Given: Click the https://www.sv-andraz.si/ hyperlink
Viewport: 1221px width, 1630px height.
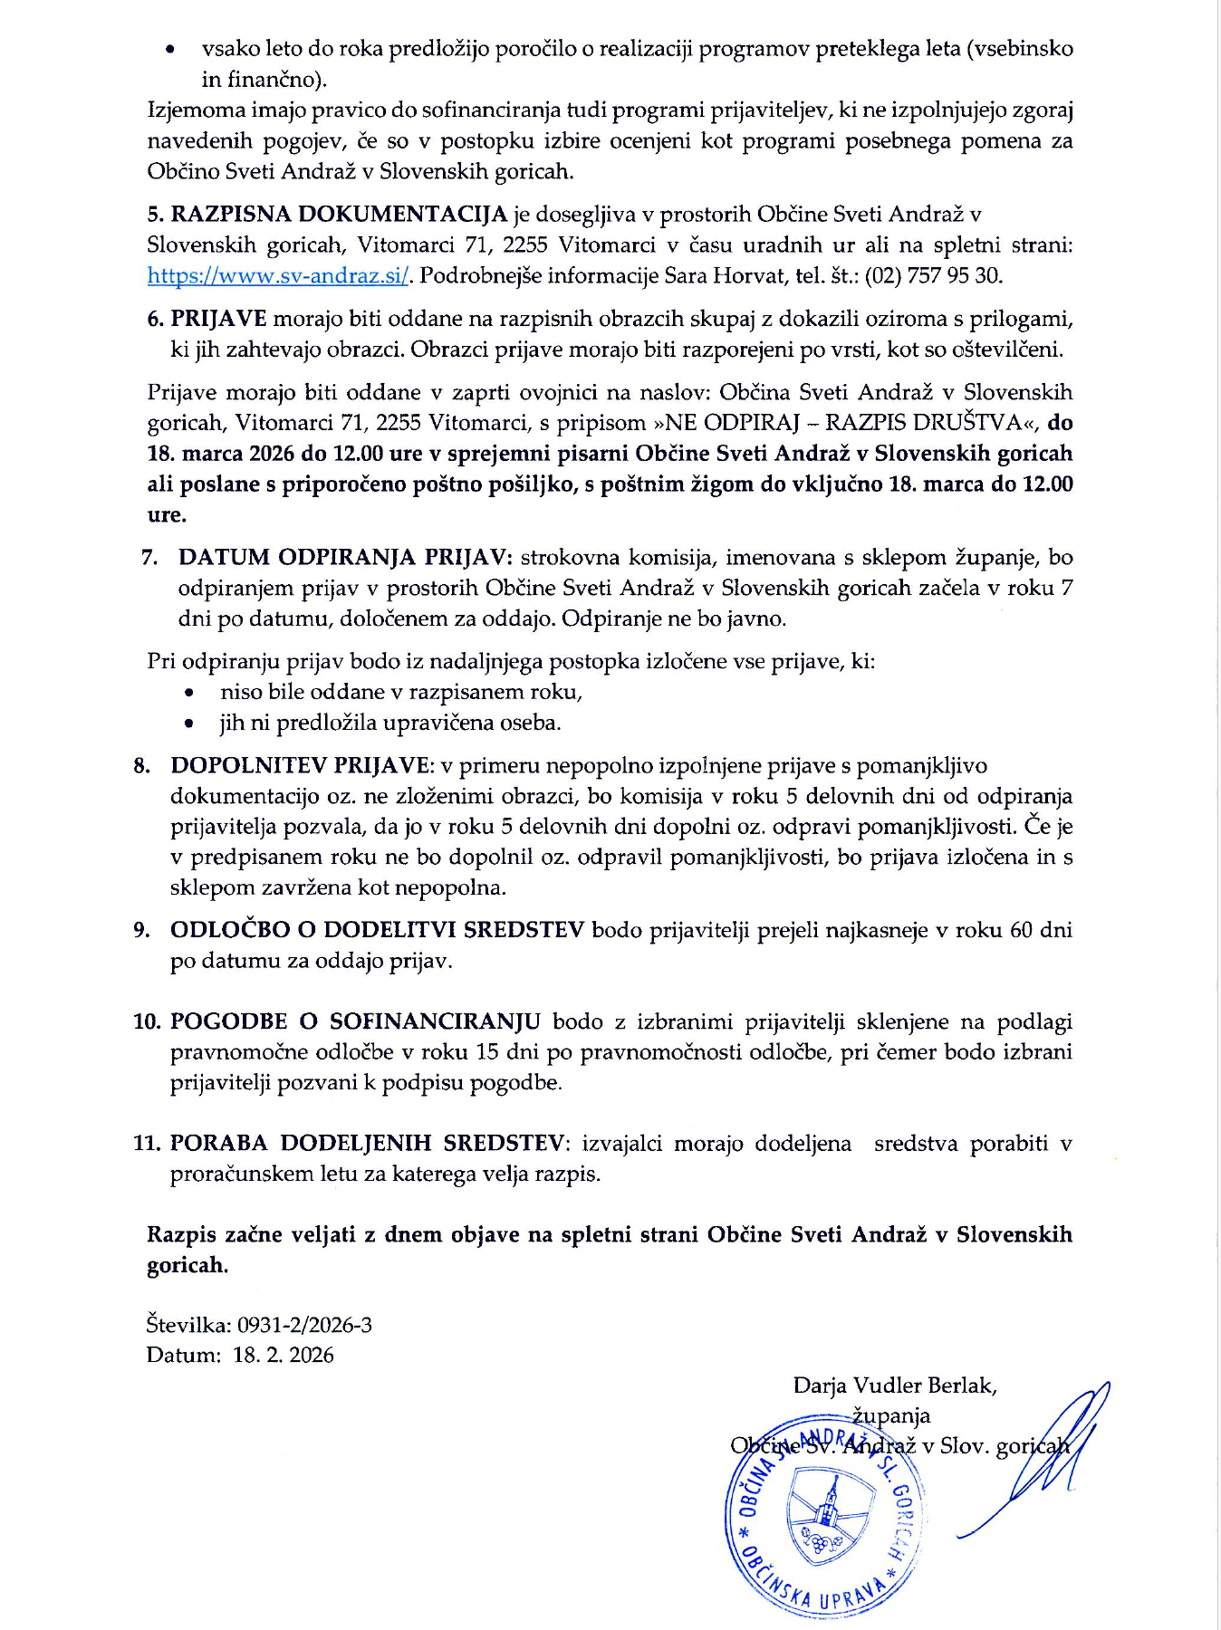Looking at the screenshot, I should [278, 275].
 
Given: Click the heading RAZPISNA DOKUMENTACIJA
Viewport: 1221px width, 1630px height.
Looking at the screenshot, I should [339, 215].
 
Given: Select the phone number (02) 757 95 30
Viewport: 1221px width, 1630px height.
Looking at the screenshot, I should [934, 275].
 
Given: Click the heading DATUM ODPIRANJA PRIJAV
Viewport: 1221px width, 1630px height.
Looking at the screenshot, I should [345, 557].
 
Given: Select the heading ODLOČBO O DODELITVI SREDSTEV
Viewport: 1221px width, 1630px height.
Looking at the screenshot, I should [377, 930].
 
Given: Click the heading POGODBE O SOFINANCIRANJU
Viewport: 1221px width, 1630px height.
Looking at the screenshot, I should [355, 1021].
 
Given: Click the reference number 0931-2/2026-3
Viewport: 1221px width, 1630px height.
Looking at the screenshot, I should [304, 1325].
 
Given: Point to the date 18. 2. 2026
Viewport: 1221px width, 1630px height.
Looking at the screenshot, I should [284, 1356].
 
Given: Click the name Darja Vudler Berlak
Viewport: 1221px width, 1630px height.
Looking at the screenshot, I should [895, 1385].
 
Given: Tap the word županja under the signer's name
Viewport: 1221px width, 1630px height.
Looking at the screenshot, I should [891, 1415].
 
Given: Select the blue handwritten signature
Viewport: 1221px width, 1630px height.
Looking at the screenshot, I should [1042, 1458].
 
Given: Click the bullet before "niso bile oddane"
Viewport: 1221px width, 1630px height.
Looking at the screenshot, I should [188, 693].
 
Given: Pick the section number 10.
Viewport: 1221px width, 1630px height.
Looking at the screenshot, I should [147, 1021].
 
